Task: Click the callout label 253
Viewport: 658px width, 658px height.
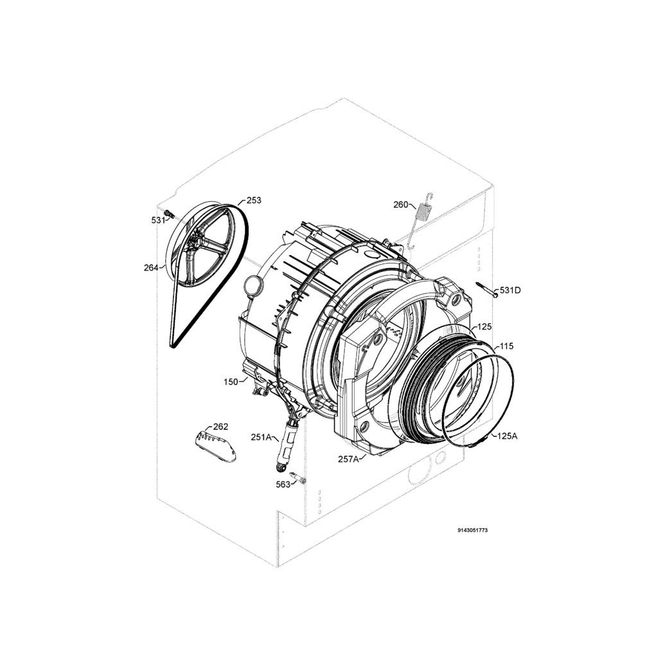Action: coord(253,200)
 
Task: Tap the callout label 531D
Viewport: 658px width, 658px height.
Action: coord(510,290)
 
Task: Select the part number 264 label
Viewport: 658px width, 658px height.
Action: coord(151,268)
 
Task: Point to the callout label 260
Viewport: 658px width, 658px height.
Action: coord(401,205)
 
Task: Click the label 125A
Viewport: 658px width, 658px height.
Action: coord(507,436)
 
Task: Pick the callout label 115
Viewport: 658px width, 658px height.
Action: coord(506,346)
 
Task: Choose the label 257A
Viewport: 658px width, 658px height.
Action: coord(348,459)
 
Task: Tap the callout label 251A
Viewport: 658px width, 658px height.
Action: coord(262,437)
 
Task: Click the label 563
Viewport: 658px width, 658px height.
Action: coord(283,485)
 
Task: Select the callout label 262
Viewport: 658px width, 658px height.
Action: coord(221,427)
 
